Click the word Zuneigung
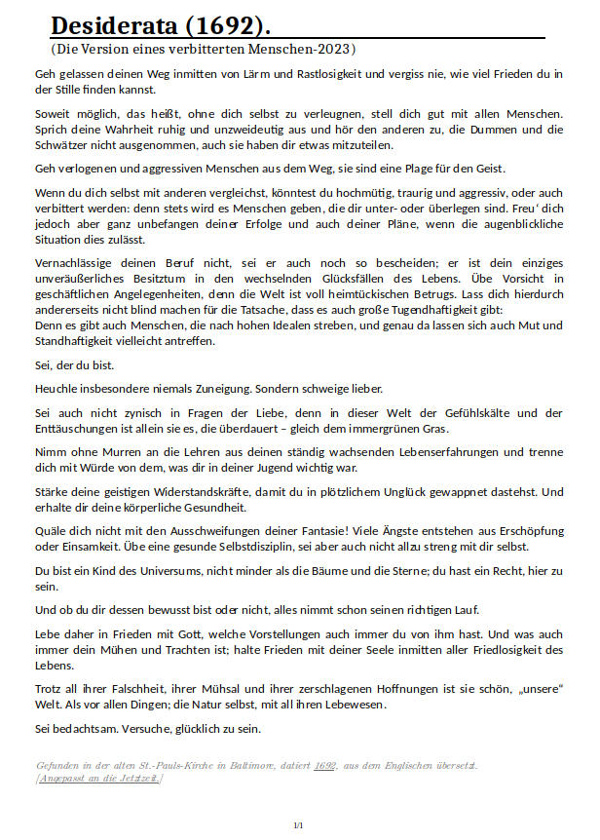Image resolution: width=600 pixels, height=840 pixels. [x=202, y=388]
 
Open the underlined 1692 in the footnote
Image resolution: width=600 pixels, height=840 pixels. [x=325, y=766]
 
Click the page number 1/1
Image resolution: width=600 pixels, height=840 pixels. [x=299, y=825]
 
